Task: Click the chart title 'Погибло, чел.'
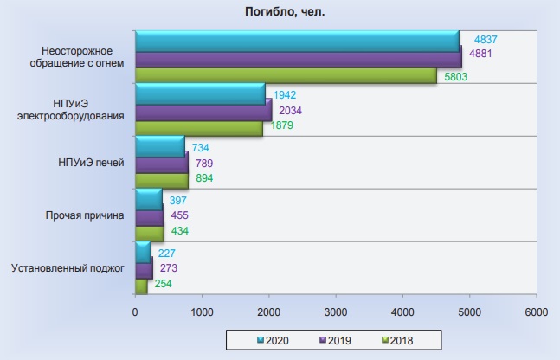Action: pyautogui.click(x=285, y=12)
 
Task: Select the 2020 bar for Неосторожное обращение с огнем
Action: pyautogui.click(x=297, y=41)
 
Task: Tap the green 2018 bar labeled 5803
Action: pyautogui.click(x=286, y=75)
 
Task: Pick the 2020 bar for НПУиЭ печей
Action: pyautogui.click(x=160, y=146)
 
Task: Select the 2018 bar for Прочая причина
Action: pyautogui.click(x=150, y=233)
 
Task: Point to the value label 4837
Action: pyautogui.click(x=486, y=39)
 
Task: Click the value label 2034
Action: pyautogui.click(x=290, y=111)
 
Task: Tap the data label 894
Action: pyautogui.click(x=204, y=178)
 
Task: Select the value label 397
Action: pyautogui.click(x=177, y=201)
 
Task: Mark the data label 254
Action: pyautogui.click(x=164, y=284)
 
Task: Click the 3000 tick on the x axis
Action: pyautogui.click(x=336, y=312)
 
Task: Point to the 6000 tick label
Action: pyautogui.click(x=536, y=312)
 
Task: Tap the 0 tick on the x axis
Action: pyautogui.click(x=135, y=312)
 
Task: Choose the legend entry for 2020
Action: pyautogui.click(x=273, y=340)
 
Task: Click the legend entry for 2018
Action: pyautogui.click(x=397, y=340)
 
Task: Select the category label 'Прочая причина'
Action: pyautogui.click(x=85, y=215)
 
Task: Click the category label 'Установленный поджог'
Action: pyautogui.click(x=68, y=268)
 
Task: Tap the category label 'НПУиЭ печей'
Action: pyautogui.click(x=91, y=163)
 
